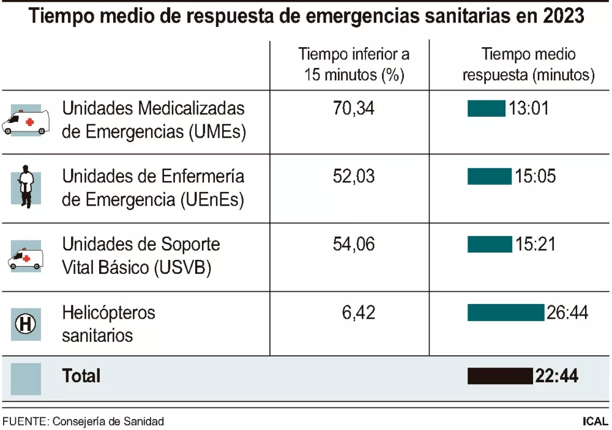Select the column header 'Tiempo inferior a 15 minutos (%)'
pos(354,64)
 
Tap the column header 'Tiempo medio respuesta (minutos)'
pos(528,64)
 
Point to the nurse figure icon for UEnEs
pos(26,187)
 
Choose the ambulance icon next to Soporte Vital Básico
pos(26,257)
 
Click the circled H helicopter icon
pos(26,324)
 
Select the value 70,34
pos(354,109)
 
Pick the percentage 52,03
pos(354,177)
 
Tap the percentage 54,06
pos(354,245)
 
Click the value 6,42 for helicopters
pos(359,313)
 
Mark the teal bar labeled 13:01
pos(486,109)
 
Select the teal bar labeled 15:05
pos(489,177)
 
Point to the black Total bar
pos(500,376)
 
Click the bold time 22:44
pos(556,376)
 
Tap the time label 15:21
pos(535,245)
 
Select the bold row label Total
pos(81,376)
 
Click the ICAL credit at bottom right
pos(595,421)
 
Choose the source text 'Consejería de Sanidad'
pos(108,421)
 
